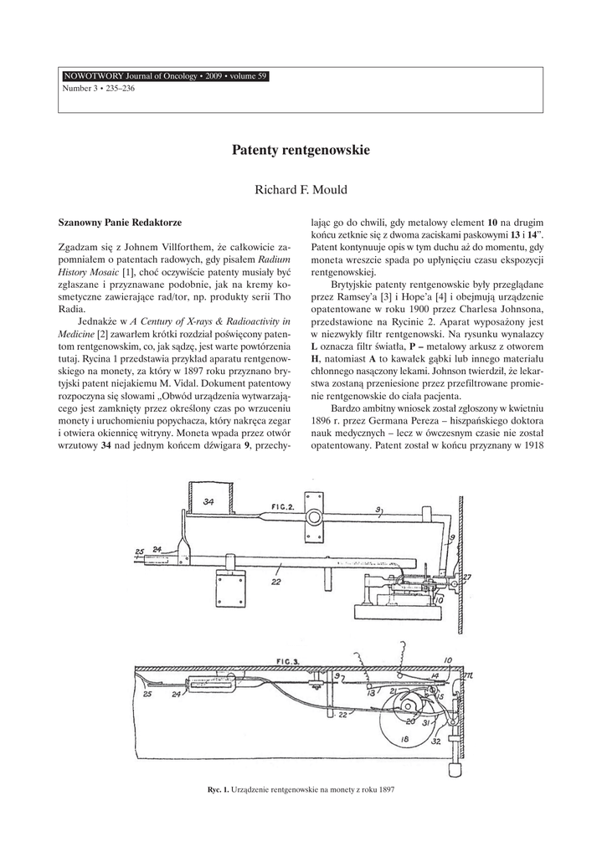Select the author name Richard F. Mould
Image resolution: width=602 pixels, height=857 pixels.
coord(301,190)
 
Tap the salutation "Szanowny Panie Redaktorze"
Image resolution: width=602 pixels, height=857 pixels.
coord(119,224)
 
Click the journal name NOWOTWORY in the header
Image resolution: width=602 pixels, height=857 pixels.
coord(93,77)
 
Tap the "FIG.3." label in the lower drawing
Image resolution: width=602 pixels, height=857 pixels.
coord(286,660)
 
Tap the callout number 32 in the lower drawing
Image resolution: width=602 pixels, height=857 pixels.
coord(436,741)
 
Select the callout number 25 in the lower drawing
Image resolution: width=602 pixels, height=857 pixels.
coord(147,694)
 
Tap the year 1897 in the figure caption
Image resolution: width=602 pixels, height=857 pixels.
coord(386,789)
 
